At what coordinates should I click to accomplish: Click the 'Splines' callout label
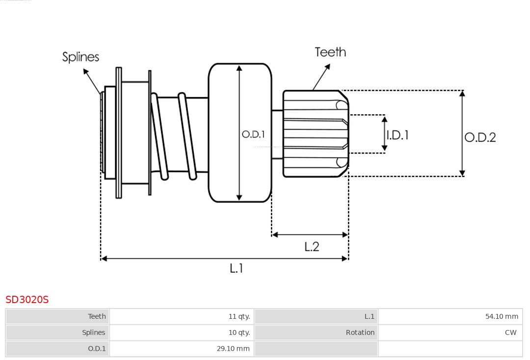(80, 57)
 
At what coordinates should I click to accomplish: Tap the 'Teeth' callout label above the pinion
(330, 52)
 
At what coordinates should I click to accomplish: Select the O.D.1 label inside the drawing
(253, 134)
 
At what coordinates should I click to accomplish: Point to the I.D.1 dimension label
(397, 135)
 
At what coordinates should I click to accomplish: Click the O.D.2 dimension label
(480, 137)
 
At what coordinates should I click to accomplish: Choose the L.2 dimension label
(312, 247)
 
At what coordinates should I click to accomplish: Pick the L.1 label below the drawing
(237, 268)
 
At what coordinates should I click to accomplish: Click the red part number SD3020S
(27, 300)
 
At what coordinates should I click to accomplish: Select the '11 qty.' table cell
(239, 316)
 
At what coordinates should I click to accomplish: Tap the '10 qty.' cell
(239, 333)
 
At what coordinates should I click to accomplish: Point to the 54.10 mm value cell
(502, 316)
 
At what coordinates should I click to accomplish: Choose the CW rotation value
(510, 333)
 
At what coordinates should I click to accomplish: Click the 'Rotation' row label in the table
(360, 333)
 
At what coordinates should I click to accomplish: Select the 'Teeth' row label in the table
(97, 316)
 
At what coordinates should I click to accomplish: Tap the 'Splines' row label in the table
(93, 333)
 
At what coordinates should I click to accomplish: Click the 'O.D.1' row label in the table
(97, 349)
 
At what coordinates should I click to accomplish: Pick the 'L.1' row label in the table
(369, 316)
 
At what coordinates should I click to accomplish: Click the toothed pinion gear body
(315, 133)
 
